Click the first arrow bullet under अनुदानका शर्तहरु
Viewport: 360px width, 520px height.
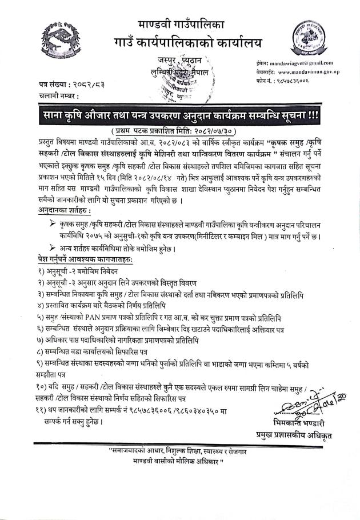pos(53,224)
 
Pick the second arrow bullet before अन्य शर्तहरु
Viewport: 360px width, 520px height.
pos(53,248)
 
